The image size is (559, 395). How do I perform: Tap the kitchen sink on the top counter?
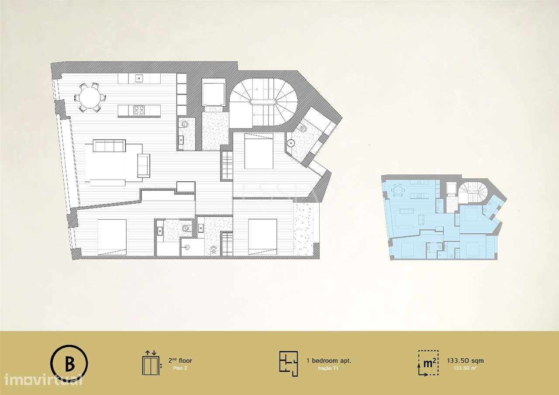(139, 79)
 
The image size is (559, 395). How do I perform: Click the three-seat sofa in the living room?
(110, 146)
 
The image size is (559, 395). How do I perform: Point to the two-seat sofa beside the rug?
(143, 166)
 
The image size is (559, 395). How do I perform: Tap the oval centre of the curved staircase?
(262, 102)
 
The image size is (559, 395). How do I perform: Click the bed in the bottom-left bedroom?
(112, 236)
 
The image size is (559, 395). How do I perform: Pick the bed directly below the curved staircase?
(259, 151)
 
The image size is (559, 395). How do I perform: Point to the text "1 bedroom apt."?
(329, 361)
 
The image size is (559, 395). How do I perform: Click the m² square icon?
(428, 363)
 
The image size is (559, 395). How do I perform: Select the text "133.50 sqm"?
(465, 361)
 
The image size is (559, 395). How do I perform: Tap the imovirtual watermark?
(41, 379)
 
